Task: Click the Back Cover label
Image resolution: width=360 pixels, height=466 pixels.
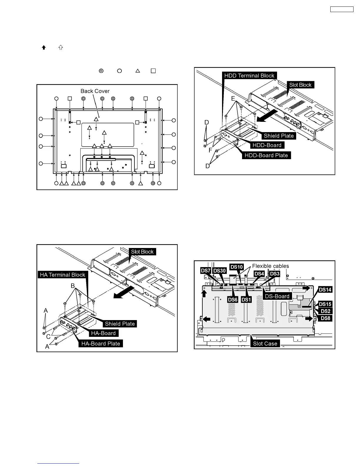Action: (x=95, y=91)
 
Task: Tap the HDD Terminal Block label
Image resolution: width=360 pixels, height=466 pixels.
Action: (x=249, y=76)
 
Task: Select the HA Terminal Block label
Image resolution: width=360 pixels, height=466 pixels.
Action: (x=62, y=275)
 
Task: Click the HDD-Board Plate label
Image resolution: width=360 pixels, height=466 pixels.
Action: (x=266, y=155)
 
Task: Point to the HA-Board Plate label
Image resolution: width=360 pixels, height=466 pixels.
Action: (x=101, y=344)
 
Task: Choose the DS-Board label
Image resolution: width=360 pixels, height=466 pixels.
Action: (x=277, y=296)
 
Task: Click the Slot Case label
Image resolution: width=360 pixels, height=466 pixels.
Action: (x=265, y=344)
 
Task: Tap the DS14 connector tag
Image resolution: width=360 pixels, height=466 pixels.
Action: (x=325, y=290)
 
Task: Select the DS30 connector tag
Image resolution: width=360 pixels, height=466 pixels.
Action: (x=219, y=271)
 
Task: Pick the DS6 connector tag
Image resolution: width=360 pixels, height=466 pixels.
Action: (x=233, y=300)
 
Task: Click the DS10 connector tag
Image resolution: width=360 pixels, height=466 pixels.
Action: (x=236, y=267)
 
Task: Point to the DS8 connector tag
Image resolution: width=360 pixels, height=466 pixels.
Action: (x=325, y=318)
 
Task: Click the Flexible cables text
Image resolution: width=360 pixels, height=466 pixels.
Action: (x=271, y=266)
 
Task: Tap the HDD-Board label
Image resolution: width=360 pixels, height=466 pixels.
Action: (x=267, y=145)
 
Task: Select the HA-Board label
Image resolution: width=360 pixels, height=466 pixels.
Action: (x=104, y=333)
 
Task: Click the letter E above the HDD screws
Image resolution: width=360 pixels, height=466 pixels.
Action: (x=233, y=99)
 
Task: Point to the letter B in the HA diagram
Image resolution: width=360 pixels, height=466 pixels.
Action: (x=73, y=286)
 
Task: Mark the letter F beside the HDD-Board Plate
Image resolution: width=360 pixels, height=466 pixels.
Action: (x=210, y=150)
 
